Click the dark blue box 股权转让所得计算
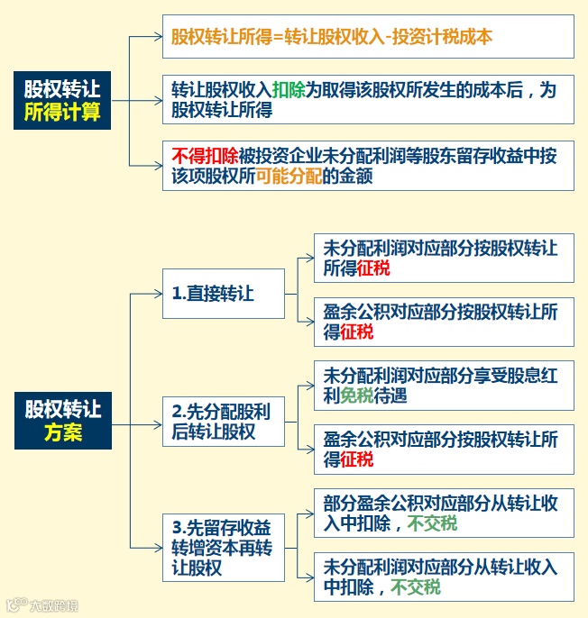click(x=62, y=101)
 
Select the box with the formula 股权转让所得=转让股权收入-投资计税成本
click(x=367, y=37)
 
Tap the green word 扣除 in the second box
click(x=289, y=89)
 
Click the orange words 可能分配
click(x=289, y=177)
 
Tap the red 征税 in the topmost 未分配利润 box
click(x=373, y=268)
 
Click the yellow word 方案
click(x=62, y=433)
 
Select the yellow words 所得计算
click(x=62, y=114)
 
